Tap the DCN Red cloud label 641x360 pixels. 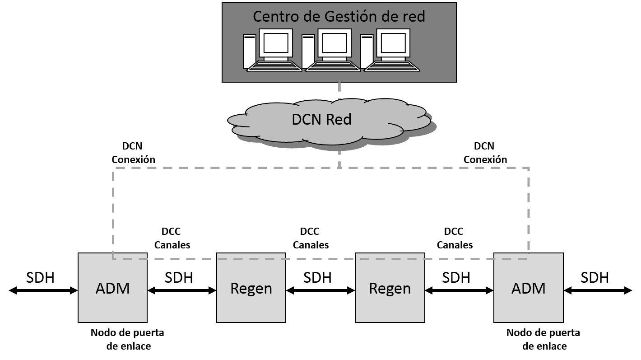321,120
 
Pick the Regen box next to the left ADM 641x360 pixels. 251,288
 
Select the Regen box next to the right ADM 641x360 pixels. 390,288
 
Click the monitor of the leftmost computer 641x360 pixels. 276,43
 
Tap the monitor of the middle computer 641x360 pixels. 334,43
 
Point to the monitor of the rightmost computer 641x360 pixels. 393,43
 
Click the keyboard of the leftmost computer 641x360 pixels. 274,66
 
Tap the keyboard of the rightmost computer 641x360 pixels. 392,66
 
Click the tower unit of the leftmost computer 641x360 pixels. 249,51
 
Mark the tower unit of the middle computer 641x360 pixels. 308,51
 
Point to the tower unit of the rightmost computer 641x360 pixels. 367,51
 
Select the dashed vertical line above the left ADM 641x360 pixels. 113,212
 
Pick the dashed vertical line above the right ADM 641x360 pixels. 528,212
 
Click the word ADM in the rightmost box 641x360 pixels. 528,288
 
